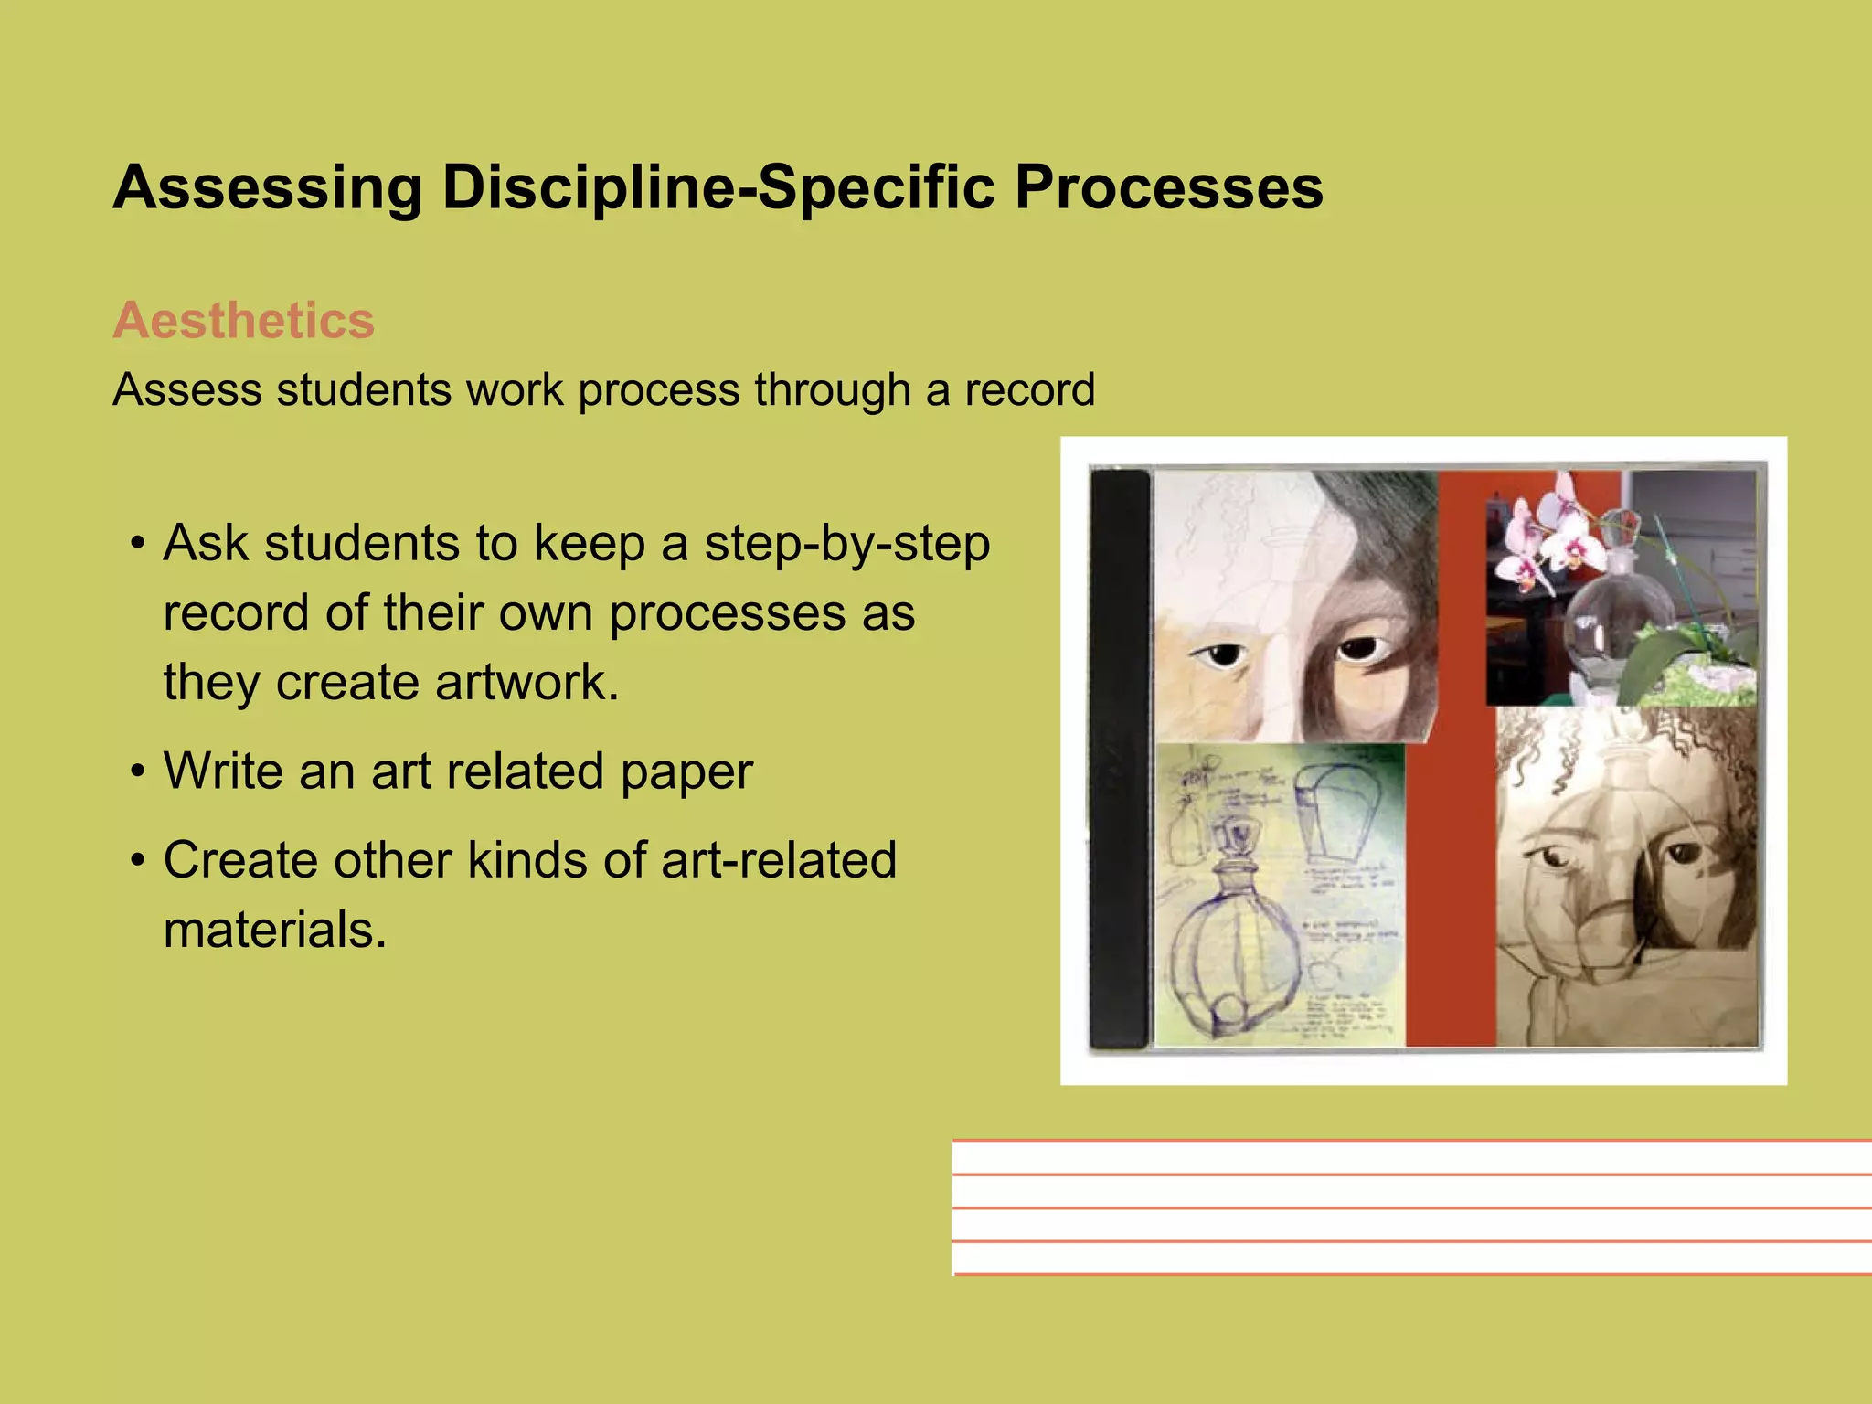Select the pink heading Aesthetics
point(243,321)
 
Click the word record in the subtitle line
point(1029,390)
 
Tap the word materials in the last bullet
point(275,930)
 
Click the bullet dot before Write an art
point(138,772)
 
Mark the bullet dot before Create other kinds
point(138,861)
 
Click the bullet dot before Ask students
point(138,544)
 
